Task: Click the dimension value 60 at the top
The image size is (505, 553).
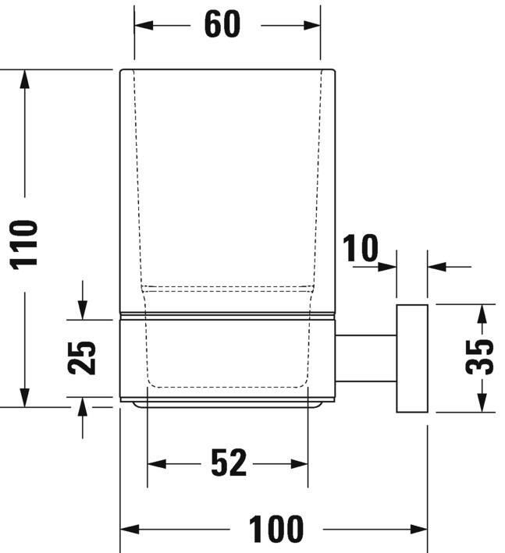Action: pyautogui.click(x=222, y=24)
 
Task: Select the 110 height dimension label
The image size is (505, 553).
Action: pyautogui.click(x=26, y=243)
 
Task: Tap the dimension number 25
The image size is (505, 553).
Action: pyautogui.click(x=83, y=358)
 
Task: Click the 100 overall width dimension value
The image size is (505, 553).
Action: pyautogui.click(x=276, y=530)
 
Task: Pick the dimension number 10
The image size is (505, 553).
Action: pyautogui.click(x=360, y=249)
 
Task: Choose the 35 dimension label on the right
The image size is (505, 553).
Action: pyautogui.click(x=481, y=357)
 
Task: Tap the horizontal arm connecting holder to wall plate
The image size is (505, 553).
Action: pyautogui.click(x=366, y=358)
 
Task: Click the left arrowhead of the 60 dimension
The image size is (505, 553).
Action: pyautogui.click(x=142, y=25)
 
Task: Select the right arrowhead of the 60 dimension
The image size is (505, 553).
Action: pyautogui.click(x=312, y=25)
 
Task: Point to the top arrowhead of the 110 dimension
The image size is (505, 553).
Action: pyautogui.click(x=26, y=78)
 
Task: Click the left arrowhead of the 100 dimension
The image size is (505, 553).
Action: pyautogui.click(x=128, y=530)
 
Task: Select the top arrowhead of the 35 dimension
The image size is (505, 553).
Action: pyautogui.click(x=482, y=312)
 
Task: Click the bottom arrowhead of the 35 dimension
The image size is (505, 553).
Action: pyautogui.click(x=482, y=403)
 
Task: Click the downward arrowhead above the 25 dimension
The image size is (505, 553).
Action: pyautogui.click(x=83, y=311)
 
